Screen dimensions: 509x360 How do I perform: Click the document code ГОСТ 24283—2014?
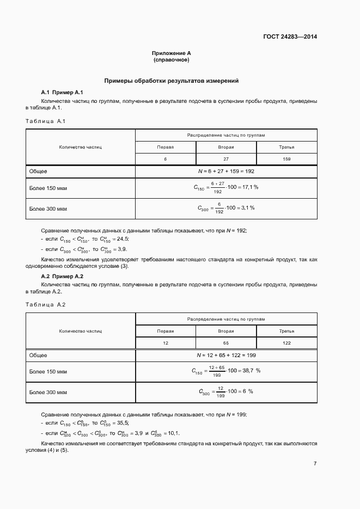tap(290, 37)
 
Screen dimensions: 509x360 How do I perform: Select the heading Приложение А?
tap(171, 53)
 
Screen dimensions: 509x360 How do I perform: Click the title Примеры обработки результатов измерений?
tap(172, 81)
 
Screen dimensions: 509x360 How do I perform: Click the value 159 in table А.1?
tap(286, 159)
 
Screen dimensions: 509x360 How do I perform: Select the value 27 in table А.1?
tap(225, 159)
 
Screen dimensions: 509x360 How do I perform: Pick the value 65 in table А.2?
tap(225, 343)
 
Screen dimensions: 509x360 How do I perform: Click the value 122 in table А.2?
tap(286, 343)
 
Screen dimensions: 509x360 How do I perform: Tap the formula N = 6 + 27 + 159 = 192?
tap(226, 171)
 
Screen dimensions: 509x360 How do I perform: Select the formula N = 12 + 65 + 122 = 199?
tap(226, 355)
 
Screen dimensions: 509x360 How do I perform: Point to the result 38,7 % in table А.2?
tap(251, 371)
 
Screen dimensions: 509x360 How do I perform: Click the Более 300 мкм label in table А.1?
tap(48, 208)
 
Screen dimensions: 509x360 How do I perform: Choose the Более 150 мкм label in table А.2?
tap(48, 372)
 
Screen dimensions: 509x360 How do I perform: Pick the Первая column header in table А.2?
tap(165, 331)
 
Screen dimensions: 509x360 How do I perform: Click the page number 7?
tap(315, 463)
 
